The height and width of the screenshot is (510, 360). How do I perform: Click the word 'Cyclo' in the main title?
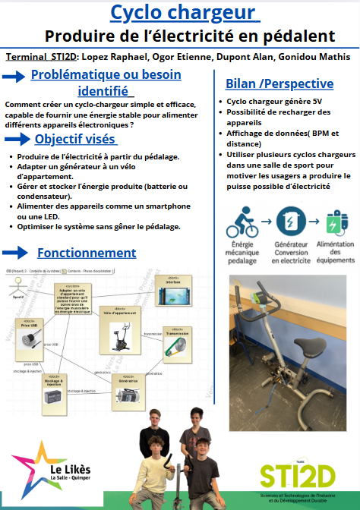click(x=142, y=12)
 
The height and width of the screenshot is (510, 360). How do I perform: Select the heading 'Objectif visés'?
click(x=75, y=139)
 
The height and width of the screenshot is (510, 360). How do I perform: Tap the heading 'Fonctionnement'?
click(x=87, y=253)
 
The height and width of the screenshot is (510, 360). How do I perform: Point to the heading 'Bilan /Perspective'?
click(x=279, y=83)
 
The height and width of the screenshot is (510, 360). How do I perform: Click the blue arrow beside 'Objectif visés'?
click(x=17, y=139)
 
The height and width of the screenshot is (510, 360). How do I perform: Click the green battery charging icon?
click(x=335, y=221)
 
